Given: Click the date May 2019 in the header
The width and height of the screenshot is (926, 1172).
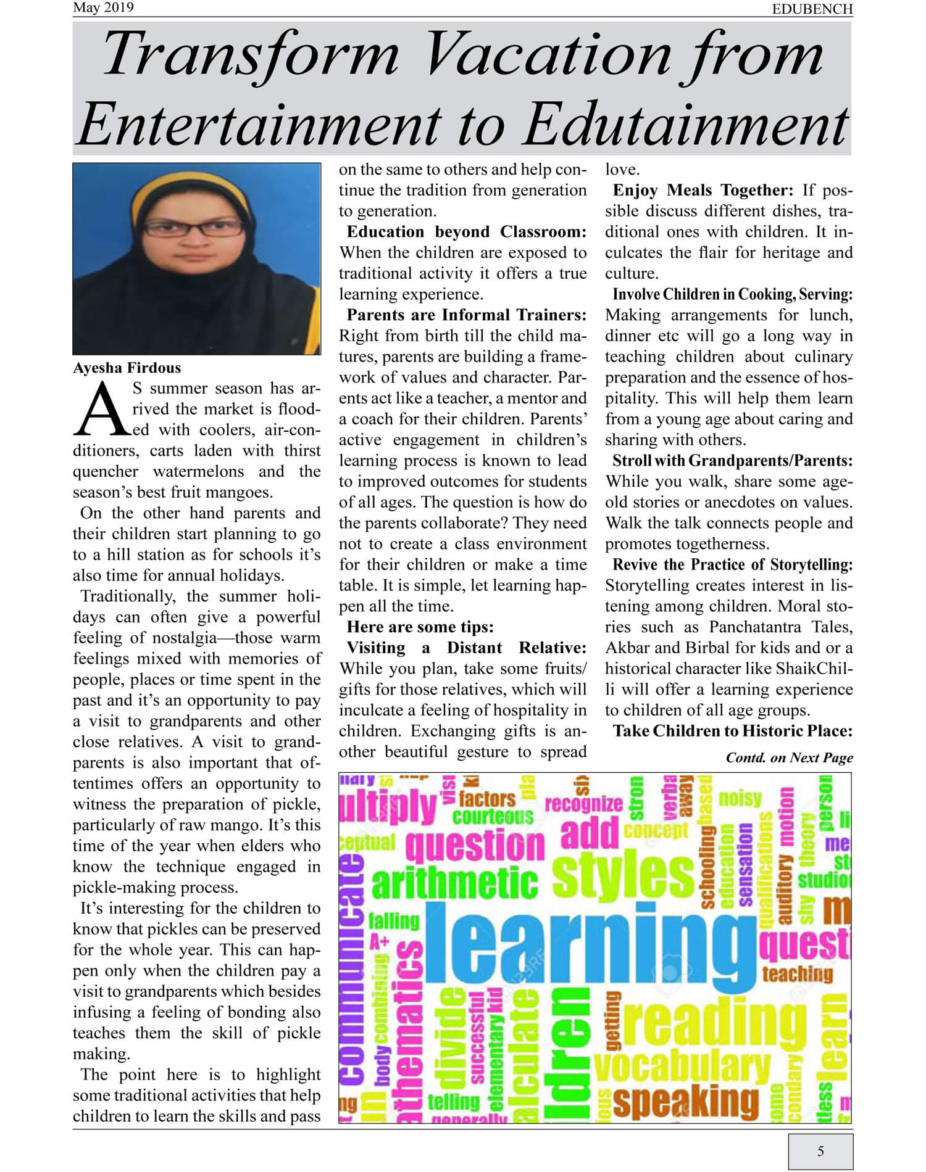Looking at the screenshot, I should pyautogui.click(x=103, y=8).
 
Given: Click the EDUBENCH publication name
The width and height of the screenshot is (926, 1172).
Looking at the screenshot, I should pyautogui.click(x=812, y=9).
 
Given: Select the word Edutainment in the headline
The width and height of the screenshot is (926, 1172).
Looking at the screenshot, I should pyautogui.click(x=686, y=124).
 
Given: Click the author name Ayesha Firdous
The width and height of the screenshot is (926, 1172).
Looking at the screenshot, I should pyautogui.click(x=127, y=368).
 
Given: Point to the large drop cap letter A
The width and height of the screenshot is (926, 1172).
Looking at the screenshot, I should pyautogui.click(x=101, y=409).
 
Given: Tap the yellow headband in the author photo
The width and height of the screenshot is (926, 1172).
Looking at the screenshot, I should pyautogui.click(x=196, y=185).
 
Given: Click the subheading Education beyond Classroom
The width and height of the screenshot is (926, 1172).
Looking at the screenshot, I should pyautogui.click(x=466, y=232).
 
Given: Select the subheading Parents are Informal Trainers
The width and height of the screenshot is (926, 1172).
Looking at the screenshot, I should pyautogui.click(x=466, y=315).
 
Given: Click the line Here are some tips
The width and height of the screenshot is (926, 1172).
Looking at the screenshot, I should pyautogui.click(x=420, y=627).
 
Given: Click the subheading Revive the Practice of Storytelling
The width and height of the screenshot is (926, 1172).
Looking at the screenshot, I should pyautogui.click(x=732, y=565).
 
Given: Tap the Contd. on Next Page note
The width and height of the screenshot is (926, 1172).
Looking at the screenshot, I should pyautogui.click(x=789, y=757).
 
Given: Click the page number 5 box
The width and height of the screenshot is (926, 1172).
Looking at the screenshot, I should pyautogui.click(x=820, y=1150).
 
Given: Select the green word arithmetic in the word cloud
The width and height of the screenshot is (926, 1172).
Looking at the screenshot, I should pyautogui.click(x=455, y=883).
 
